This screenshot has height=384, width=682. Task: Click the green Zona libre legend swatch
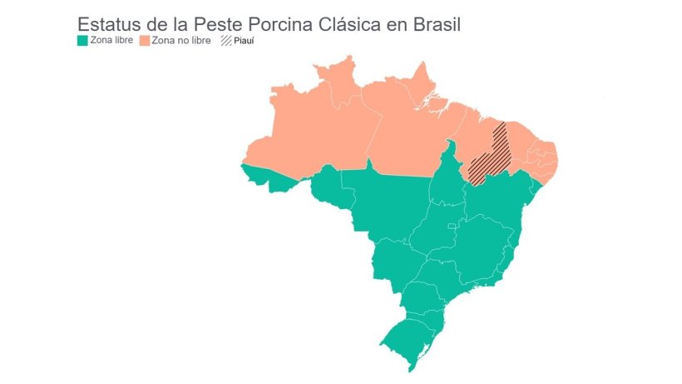[82, 40]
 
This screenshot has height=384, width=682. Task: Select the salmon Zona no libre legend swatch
[144, 40]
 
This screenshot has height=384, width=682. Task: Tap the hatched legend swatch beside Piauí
[225, 40]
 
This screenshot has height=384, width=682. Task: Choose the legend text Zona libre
[111, 40]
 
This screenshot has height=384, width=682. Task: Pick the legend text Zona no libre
[180, 40]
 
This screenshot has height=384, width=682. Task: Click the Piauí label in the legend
[243, 40]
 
